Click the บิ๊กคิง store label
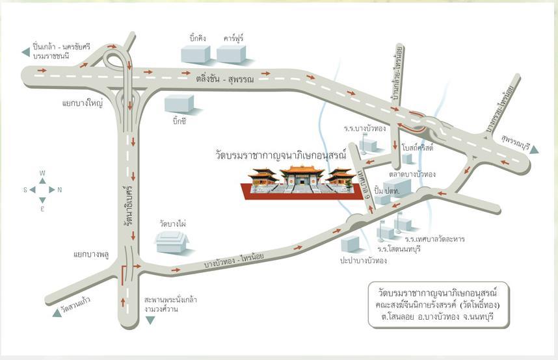point(198,38)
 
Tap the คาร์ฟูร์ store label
point(233,38)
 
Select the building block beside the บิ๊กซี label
point(179,103)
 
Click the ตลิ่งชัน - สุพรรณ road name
point(225,79)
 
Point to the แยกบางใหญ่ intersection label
point(82,103)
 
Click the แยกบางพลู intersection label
point(91,254)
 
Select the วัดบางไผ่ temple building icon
point(172,242)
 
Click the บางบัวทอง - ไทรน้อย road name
point(234,261)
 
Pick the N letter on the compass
point(59,190)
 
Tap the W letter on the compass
point(42,174)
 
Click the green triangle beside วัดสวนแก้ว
point(57,313)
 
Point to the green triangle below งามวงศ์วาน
point(150,320)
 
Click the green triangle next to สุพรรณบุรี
point(534,149)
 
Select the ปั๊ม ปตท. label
point(387,190)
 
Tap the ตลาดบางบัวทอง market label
point(412,174)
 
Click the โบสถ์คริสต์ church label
point(418,147)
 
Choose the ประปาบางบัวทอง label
point(364,261)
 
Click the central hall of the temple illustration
point(302,175)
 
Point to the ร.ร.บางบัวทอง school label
point(365,129)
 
